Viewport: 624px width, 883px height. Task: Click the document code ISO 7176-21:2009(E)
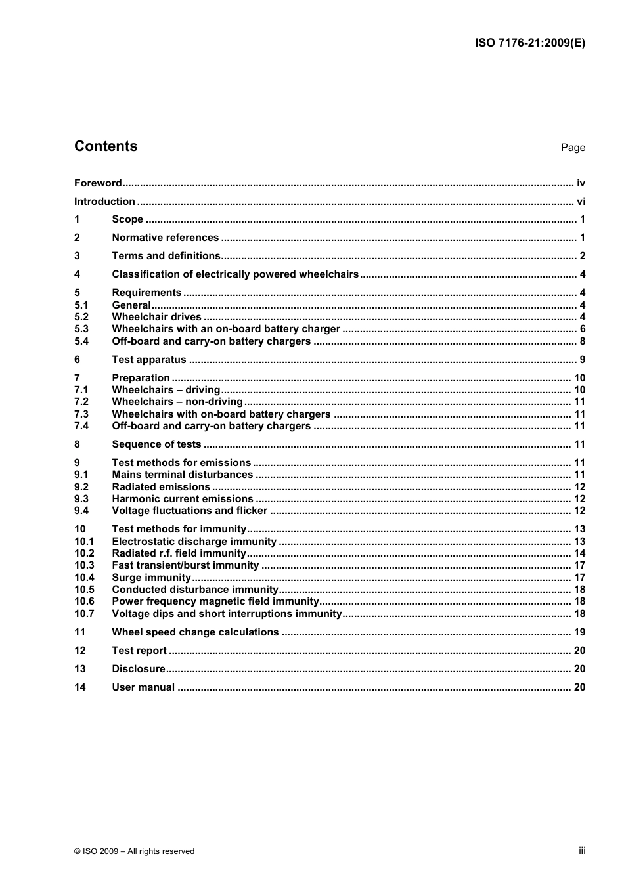click(x=529, y=43)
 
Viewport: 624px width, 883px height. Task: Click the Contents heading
click(x=106, y=146)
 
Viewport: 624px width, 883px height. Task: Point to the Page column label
click(x=573, y=148)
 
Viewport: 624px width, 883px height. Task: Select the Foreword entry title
click(x=98, y=183)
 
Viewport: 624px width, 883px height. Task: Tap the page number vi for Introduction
click(x=581, y=202)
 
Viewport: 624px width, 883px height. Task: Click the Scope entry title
click(x=127, y=219)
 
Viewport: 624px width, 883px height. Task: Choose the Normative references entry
click(x=165, y=238)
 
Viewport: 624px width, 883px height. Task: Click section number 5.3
click(x=81, y=329)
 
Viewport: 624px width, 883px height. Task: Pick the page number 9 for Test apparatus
click(x=582, y=360)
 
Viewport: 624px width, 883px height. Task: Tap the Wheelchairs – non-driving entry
click(x=177, y=402)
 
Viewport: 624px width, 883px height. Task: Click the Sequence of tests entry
click(x=156, y=444)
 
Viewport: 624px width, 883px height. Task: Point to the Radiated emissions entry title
click(x=161, y=487)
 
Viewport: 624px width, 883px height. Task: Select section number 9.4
click(x=81, y=511)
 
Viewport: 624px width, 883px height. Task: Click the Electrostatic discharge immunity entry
click(x=194, y=542)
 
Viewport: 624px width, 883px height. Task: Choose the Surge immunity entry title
click(x=151, y=578)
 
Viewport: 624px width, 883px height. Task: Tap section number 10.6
click(x=84, y=601)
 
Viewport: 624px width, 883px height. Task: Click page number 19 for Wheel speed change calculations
click(x=579, y=632)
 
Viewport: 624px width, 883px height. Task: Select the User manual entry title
click(x=143, y=687)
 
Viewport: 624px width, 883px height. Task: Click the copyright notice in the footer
click(x=134, y=851)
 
